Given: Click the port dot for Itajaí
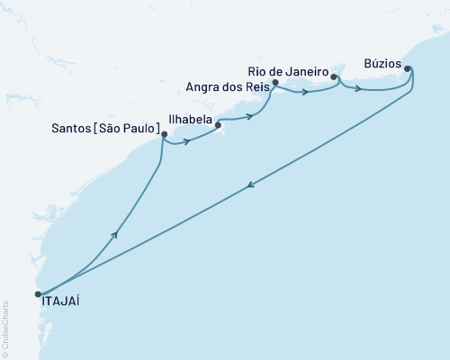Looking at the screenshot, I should point(38,293).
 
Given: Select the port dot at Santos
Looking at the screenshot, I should point(163,136).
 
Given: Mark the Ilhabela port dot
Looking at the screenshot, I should point(219,125).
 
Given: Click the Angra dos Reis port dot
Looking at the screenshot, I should point(275,83).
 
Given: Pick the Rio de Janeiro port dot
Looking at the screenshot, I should point(334,77).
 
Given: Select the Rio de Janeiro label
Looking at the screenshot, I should point(285,71).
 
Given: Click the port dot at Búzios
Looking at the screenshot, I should point(408,68).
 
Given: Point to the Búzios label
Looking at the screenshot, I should point(382,64).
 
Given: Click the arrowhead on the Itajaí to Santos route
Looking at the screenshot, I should point(115,234).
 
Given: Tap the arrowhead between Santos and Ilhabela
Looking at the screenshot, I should point(186,141).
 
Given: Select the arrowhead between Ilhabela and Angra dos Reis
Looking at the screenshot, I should point(247,116).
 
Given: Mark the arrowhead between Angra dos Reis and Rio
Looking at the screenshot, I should point(307,92).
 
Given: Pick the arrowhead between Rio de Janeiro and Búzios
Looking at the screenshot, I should point(359,88).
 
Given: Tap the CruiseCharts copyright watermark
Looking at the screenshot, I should point(5,325).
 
